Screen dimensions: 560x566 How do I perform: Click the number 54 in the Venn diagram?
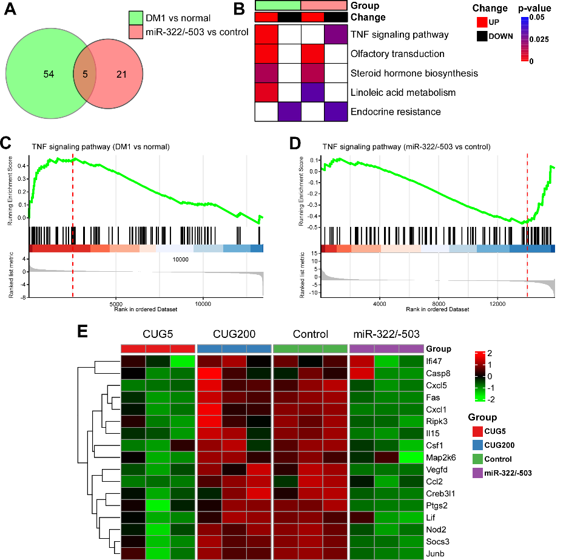[49, 74]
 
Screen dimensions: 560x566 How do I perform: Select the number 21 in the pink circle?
[122, 74]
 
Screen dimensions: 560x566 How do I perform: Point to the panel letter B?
[238, 9]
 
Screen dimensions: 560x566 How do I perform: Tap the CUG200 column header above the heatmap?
[234, 334]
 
